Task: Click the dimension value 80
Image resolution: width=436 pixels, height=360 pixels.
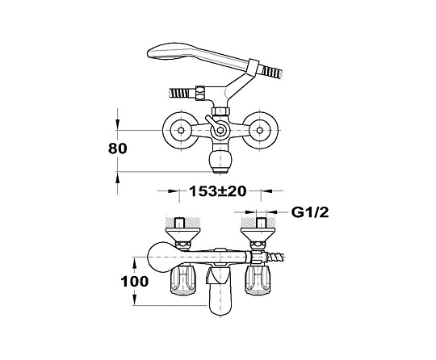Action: (118, 149)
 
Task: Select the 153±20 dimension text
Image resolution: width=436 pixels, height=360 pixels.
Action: (218, 191)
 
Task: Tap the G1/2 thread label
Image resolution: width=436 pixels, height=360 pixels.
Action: (310, 212)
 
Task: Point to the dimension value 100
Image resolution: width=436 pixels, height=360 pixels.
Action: (135, 282)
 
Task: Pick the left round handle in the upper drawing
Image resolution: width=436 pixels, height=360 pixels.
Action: (181, 130)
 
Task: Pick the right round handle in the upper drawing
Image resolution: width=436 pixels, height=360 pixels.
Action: (260, 130)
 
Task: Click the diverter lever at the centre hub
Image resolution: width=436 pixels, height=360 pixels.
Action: (212, 123)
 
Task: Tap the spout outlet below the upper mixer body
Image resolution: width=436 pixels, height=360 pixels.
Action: (220, 162)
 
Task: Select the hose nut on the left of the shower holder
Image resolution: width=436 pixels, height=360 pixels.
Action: (200, 93)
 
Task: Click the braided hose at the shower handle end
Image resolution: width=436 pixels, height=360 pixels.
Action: (273, 71)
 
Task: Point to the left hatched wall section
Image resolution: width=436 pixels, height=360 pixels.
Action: (183, 222)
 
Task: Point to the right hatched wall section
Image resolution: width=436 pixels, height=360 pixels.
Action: (258, 222)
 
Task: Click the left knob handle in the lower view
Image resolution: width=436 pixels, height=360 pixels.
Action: (182, 280)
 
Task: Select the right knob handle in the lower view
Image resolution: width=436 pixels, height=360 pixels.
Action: (258, 280)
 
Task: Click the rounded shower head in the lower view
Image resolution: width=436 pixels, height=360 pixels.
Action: (158, 257)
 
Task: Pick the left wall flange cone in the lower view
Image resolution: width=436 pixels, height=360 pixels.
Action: (183, 234)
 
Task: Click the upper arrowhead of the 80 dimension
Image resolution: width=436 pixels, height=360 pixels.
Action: (118, 124)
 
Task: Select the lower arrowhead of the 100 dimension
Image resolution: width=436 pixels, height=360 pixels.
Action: (135, 300)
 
